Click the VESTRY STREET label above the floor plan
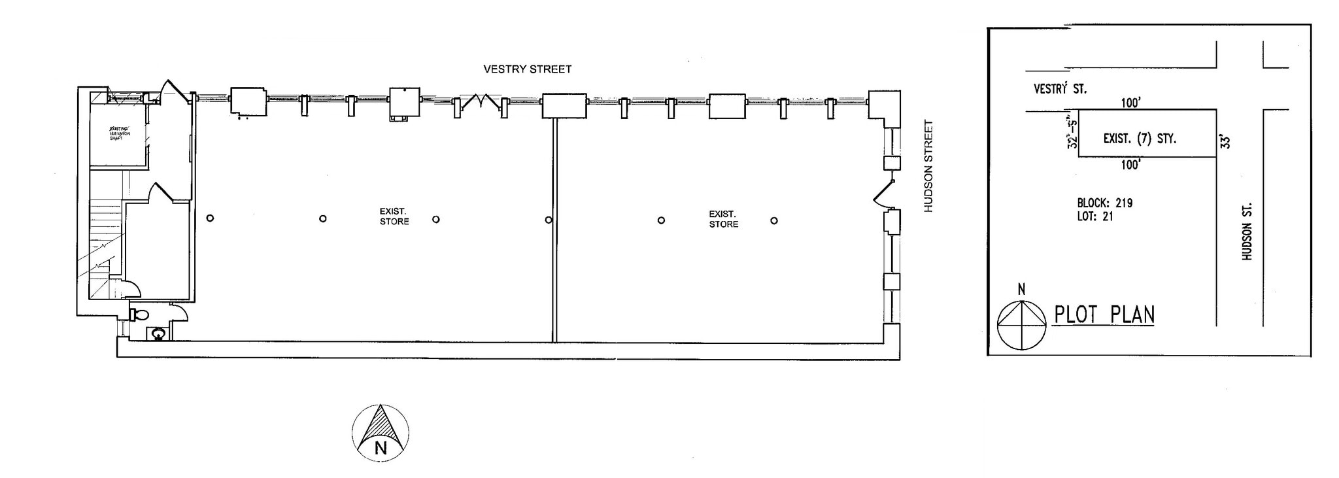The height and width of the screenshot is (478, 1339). [527, 69]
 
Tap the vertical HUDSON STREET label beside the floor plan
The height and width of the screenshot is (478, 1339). [928, 166]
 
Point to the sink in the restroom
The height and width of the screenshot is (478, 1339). [157, 334]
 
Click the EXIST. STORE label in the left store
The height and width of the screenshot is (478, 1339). [394, 216]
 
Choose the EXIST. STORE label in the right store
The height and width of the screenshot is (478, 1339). [723, 219]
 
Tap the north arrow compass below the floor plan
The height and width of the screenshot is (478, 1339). [381, 433]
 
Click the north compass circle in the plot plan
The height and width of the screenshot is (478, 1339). [1021, 325]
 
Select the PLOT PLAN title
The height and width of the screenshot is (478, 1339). [1104, 315]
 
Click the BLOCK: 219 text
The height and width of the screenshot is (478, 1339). [1104, 203]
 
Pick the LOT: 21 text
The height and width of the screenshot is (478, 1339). [1094, 216]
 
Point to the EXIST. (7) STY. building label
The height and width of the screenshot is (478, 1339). [1139, 139]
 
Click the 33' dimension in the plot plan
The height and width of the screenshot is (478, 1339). [1227, 141]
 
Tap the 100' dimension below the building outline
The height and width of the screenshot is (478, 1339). [1130, 165]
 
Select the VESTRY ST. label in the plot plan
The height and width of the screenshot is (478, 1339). [1060, 88]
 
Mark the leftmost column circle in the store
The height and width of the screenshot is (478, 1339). [210, 218]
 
